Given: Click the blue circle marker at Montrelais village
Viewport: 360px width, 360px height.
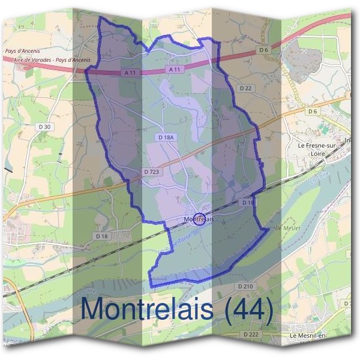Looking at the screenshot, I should pyautogui.click(x=200, y=220).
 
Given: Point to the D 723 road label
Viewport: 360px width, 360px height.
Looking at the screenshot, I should pyautogui.click(x=152, y=172).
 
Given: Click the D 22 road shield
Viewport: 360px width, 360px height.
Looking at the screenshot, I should pyautogui.click(x=245, y=88).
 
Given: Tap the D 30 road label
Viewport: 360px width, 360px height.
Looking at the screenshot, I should pyautogui.click(x=44, y=126).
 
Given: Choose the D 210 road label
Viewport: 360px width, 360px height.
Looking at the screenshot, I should pyautogui.click(x=247, y=287).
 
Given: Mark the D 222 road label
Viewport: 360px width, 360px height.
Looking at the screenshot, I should pyautogui.click(x=250, y=334).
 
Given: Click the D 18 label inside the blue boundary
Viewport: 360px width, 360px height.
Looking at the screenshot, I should pyautogui.click(x=248, y=203).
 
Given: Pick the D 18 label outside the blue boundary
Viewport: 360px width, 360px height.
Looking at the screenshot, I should pyautogui.click(x=101, y=236).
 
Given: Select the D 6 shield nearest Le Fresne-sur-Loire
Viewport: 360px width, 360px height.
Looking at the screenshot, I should pyautogui.click(x=311, y=111).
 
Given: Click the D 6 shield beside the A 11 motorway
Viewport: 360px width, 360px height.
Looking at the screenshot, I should pyautogui.click(x=263, y=50).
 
